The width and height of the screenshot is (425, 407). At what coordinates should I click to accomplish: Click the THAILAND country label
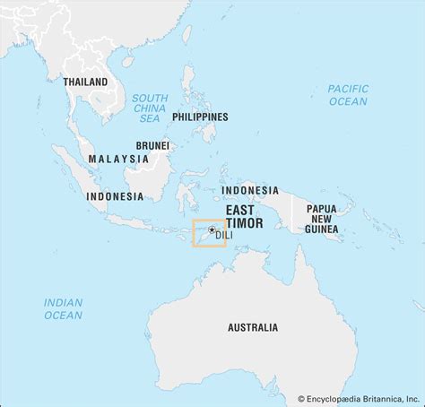click(x=85, y=82)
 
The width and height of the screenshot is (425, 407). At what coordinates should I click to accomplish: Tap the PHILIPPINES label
click(x=199, y=117)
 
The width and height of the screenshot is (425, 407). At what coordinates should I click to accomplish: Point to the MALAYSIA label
click(x=118, y=159)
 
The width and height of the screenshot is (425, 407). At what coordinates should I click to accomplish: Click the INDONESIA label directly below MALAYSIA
click(x=115, y=195)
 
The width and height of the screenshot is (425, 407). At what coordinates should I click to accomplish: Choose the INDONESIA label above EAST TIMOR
click(x=250, y=190)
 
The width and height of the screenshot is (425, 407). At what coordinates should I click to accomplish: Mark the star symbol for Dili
click(x=212, y=229)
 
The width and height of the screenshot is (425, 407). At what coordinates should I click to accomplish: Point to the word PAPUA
click(x=322, y=208)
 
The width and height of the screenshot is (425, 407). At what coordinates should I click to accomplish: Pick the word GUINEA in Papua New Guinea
click(x=322, y=229)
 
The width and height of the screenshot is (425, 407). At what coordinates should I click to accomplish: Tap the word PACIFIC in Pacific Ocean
click(x=347, y=88)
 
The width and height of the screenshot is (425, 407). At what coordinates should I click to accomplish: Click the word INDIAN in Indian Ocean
click(x=63, y=302)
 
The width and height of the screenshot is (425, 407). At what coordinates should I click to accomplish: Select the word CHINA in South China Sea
click(x=150, y=108)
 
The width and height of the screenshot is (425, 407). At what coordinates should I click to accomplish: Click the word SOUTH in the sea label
click(x=150, y=97)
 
